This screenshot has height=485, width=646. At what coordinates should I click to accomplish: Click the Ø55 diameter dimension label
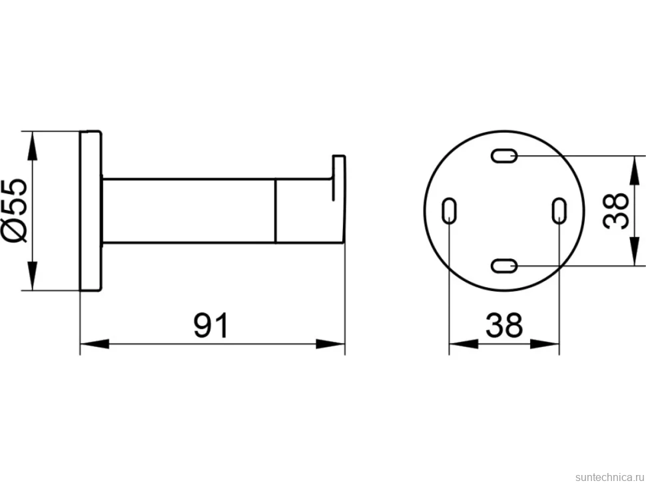point(15,211)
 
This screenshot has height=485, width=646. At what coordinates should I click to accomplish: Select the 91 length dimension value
point(210,325)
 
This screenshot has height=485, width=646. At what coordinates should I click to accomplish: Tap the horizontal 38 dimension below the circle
point(504,325)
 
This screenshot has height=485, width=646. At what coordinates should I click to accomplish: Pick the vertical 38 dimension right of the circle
point(615,211)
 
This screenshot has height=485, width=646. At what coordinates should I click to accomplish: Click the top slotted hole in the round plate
point(504,156)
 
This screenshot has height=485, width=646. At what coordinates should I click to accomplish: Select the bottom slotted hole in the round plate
point(504,266)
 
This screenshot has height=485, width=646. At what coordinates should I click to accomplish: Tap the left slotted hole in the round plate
point(449,211)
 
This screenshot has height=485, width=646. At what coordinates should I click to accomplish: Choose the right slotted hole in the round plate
point(559,211)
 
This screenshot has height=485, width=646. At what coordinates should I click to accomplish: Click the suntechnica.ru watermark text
point(609,477)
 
